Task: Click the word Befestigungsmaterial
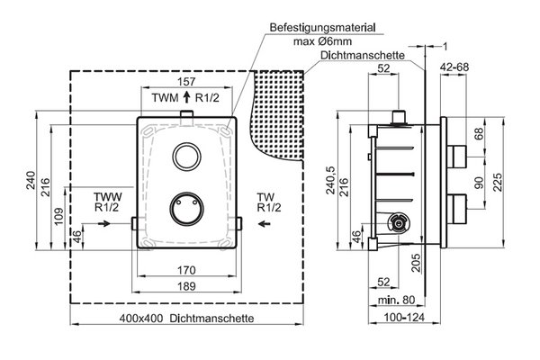[322, 28]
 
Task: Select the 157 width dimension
[186, 82]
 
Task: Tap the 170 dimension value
[186, 270]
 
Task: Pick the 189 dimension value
[186, 286]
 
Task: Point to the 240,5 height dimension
[331, 180]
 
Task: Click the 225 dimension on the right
[498, 182]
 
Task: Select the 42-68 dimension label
[454, 67]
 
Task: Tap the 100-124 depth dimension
[404, 317]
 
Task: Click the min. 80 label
[396, 300]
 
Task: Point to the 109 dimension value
[58, 216]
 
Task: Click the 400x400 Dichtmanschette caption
[186, 318]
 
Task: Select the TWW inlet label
[107, 197]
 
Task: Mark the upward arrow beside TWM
[186, 97]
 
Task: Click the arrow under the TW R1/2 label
[264, 224]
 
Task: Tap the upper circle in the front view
[186, 157]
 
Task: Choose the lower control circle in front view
[186, 209]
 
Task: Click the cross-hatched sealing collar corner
[279, 113]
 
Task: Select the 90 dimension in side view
[479, 183]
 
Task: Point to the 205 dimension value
[417, 263]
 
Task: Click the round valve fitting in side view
[399, 224]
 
